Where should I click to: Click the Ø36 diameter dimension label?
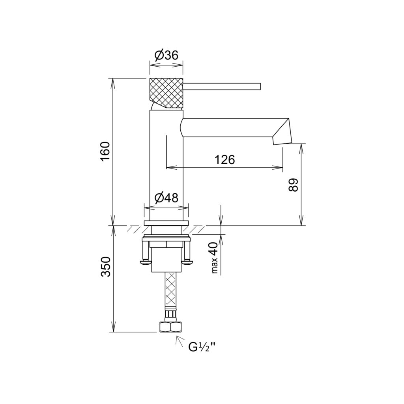(x=166, y=55)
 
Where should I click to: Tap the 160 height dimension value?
(x=105, y=151)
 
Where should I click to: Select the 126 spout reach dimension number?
(x=224, y=160)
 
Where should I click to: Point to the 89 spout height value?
(x=293, y=185)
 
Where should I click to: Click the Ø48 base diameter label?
(x=166, y=198)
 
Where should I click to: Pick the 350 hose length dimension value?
(x=105, y=267)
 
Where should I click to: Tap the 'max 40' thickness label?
(x=214, y=258)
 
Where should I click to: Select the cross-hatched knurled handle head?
(x=166, y=93)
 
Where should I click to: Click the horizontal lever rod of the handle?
(x=222, y=86)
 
